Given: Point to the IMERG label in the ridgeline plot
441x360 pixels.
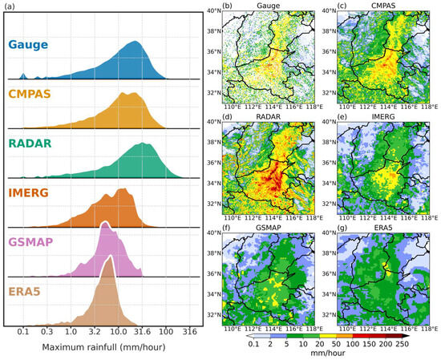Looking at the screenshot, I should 36,192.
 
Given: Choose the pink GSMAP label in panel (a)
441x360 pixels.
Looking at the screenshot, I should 38,241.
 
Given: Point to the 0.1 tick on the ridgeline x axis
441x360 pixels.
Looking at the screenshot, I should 23,330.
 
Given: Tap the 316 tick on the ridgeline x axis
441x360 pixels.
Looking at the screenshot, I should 190,330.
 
